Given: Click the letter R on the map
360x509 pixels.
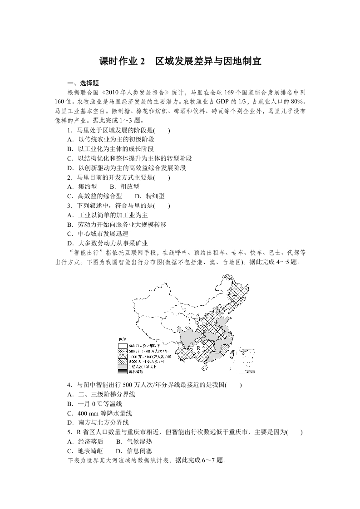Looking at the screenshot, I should pos(198,347).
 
